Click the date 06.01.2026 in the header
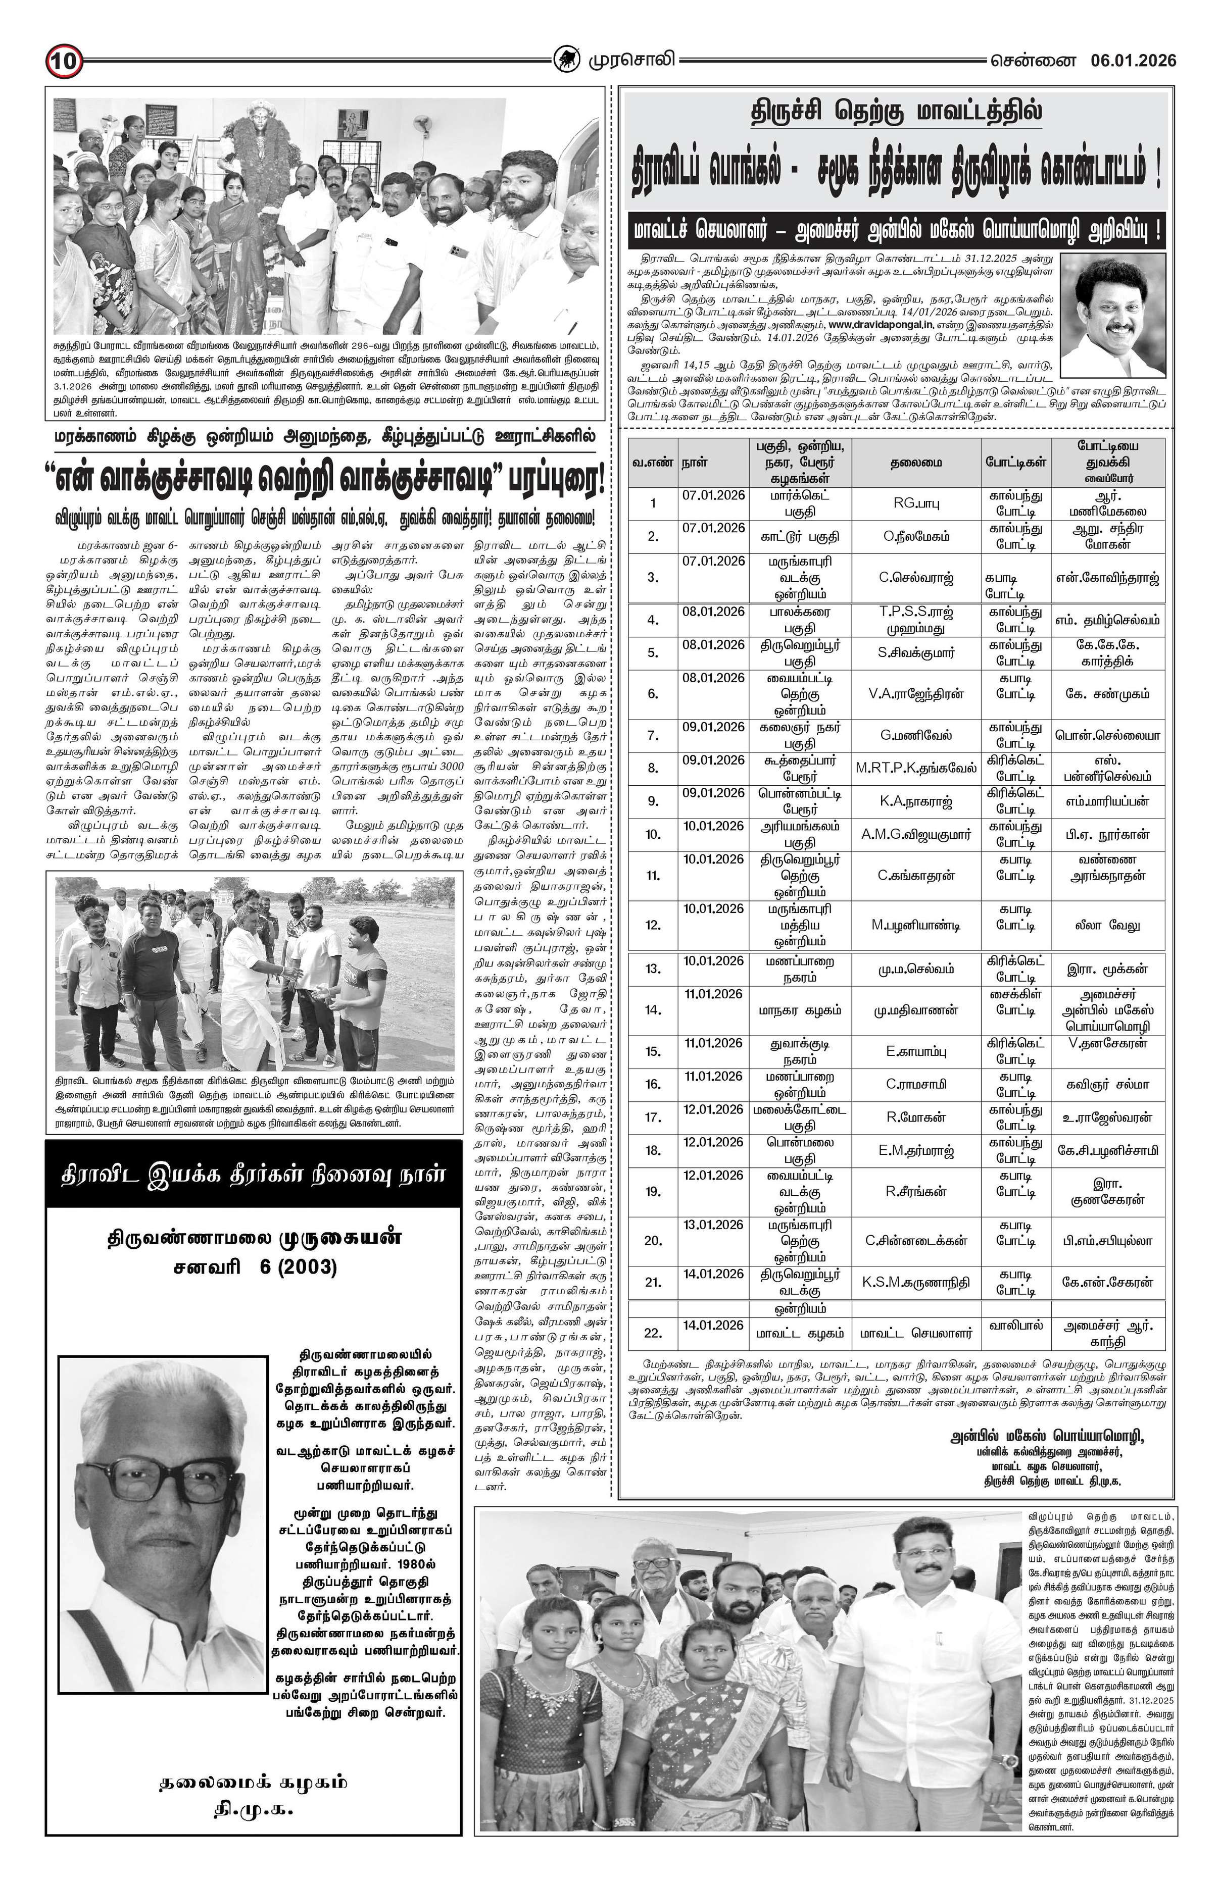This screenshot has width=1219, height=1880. (x=1134, y=61)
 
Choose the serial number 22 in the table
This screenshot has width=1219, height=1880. (x=653, y=1333)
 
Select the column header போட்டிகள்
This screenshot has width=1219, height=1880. (x=1016, y=463)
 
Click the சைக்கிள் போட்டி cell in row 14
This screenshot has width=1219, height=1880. (x=1016, y=1002)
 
